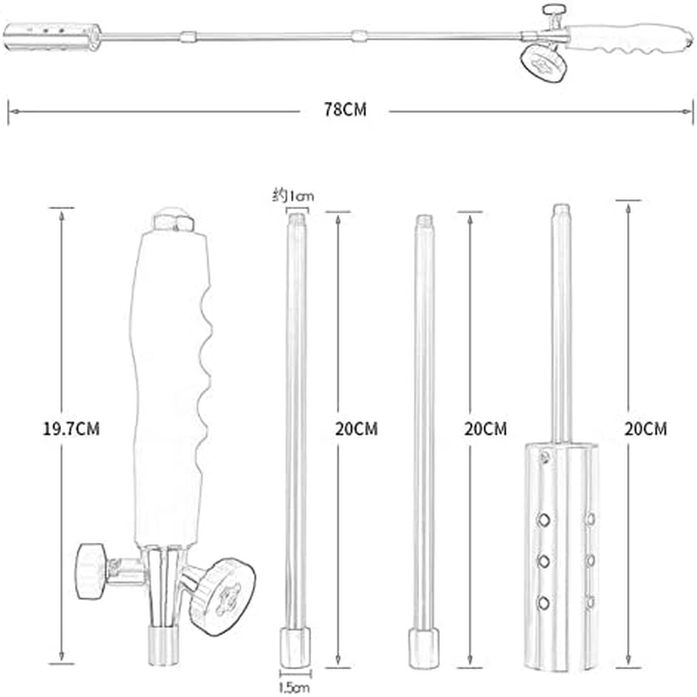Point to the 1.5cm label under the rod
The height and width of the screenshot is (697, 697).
tap(294, 687)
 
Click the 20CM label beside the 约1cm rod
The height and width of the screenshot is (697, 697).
tap(357, 428)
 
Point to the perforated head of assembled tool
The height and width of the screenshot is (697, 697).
tap(52, 36)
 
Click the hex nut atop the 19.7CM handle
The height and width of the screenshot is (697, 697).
tap(173, 221)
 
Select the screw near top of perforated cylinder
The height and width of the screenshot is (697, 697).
tap(545, 457)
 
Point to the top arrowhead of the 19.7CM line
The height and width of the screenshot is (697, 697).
tap(60, 211)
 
